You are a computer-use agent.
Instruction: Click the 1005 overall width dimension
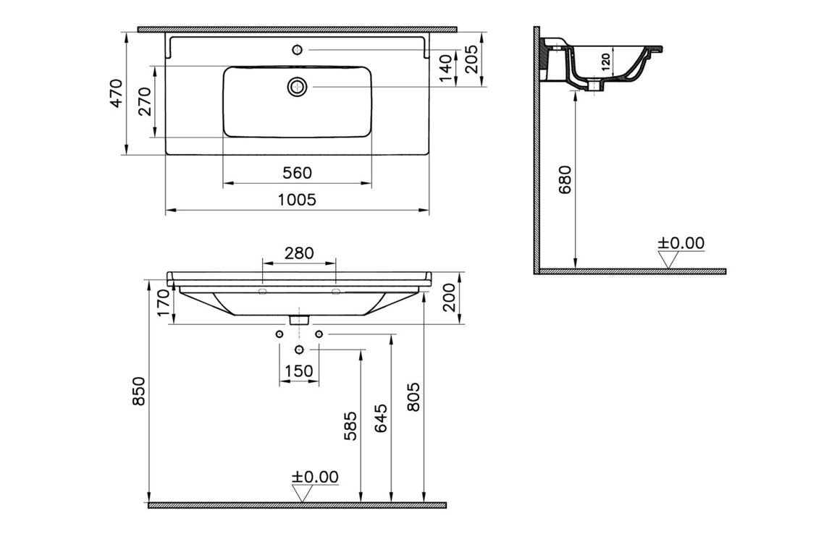tap(297, 200)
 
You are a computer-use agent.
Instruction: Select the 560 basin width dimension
tap(297, 173)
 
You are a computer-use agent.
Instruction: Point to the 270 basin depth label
tap(145, 101)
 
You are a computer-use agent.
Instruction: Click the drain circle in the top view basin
tap(297, 87)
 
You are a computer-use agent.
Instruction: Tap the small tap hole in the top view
tap(297, 49)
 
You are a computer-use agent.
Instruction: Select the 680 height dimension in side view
tap(565, 180)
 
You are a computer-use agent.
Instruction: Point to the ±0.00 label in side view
tap(681, 243)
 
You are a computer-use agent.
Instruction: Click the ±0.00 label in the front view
tap(315, 477)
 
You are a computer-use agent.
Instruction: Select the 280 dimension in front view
tap(299, 253)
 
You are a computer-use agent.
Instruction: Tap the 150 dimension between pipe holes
tap(299, 371)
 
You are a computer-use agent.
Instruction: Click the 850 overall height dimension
tap(139, 392)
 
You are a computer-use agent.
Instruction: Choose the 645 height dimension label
tap(381, 418)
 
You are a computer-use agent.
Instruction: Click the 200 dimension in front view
tap(450, 297)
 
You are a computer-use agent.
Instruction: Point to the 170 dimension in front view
tap(163, 304)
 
